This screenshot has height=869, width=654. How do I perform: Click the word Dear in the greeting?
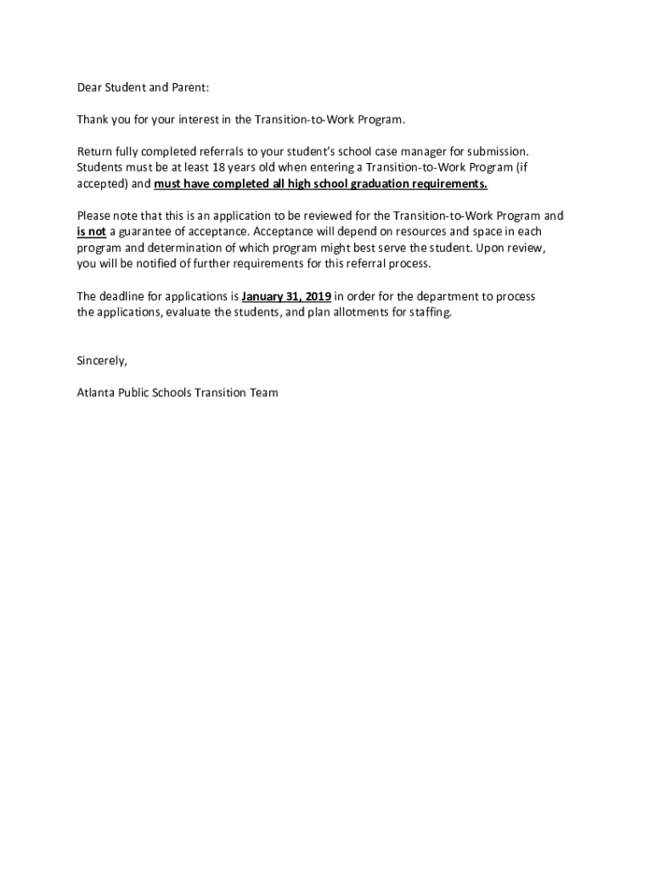pos(89,87)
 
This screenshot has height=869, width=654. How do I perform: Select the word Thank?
pos(93,120)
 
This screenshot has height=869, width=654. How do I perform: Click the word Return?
pos(94,152)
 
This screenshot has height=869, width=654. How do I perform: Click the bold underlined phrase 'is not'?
pos(91,232)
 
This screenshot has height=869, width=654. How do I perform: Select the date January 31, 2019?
pos(286,296)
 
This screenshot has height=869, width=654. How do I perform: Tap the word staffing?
pos(430,312)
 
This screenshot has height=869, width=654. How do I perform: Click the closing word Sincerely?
pos(102,361)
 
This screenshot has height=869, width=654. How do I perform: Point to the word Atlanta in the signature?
pos(94,393)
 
